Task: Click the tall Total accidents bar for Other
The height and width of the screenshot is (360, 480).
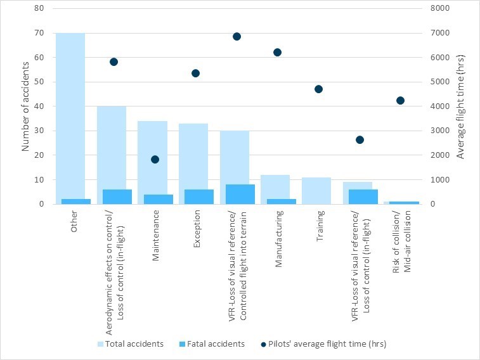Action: [70, 114]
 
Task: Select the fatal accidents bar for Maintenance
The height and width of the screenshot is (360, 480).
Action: [155, 199]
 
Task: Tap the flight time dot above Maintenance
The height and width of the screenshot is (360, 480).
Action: [155, 159]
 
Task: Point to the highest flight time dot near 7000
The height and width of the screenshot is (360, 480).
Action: [237, 37]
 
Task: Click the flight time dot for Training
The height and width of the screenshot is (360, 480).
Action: [318, 89]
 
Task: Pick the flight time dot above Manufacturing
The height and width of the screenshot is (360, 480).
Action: [277, 52]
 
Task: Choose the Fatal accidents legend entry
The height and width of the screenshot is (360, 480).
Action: [215, 344]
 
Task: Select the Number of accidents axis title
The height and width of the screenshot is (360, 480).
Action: [26, 106]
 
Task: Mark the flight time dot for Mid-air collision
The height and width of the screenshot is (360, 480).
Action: [400, 100]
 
